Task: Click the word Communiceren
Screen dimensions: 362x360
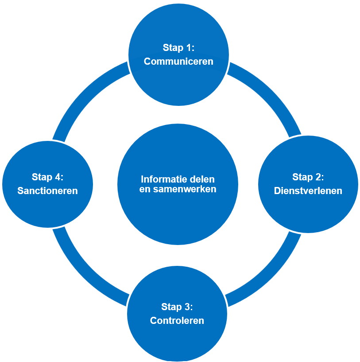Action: (x=178, y=61)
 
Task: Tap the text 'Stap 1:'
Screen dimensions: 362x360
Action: (x=178, y=48)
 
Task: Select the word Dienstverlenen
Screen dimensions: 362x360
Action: (x=308, y=191)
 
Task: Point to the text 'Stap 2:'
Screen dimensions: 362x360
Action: (x=308, y=177)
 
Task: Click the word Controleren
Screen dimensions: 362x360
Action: (x=177, y=320)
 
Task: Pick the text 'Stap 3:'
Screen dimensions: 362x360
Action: (x=177, y=307)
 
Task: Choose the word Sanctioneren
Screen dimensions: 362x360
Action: (x=48, y=191)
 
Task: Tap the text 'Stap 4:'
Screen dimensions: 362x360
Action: (x=48, y=177)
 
